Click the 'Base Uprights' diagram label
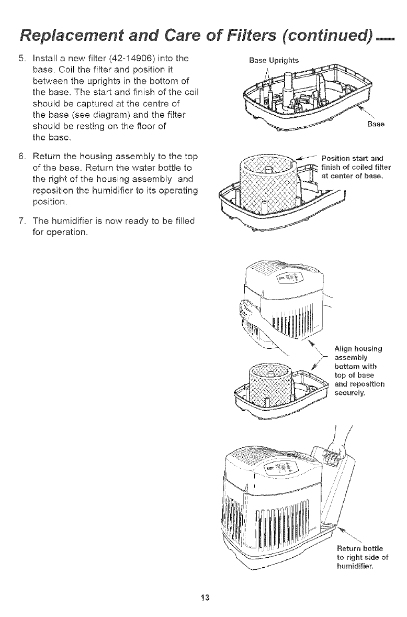[x=271, y=60]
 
